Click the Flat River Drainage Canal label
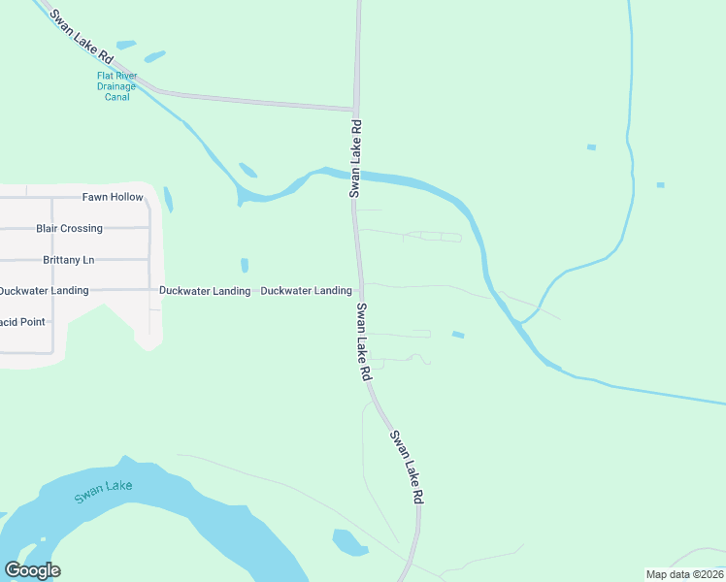point(116,86)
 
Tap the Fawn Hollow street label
point(113,197)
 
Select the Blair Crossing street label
point(69,229)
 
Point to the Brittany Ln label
point(69,260)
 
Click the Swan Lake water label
point(102,492)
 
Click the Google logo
point(32,570)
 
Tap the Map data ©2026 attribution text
point(684,574)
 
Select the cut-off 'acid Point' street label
point(22,322)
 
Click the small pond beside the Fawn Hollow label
point(168,200)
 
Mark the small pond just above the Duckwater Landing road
point(245,265)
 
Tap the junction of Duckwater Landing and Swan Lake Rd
point(360,290)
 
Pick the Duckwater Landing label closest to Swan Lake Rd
point(306,291)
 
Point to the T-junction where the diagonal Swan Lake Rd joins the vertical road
point(355,108)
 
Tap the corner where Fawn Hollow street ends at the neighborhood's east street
point(149,197)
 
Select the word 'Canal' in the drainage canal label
point(116,97)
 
